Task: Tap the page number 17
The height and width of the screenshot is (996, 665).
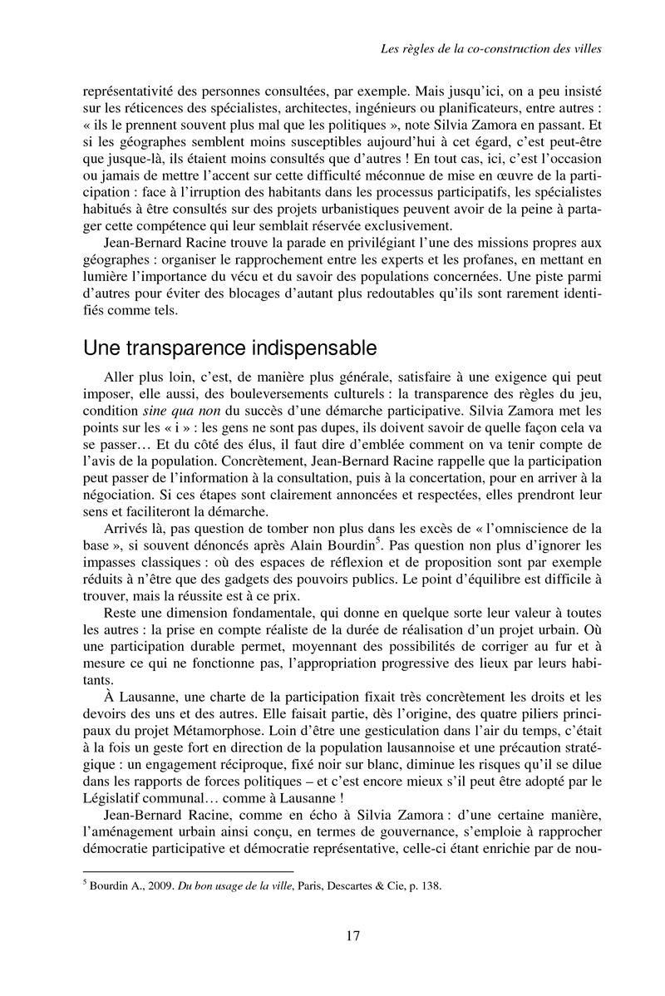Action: (x=352, y=937)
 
